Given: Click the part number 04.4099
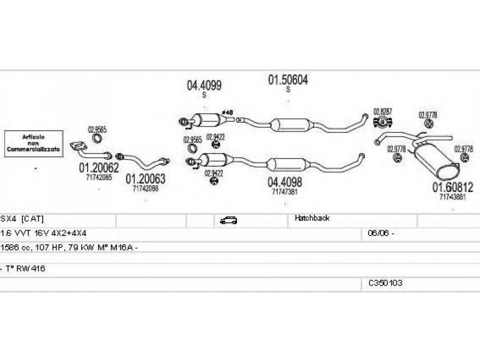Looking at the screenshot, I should [x=204, y=86].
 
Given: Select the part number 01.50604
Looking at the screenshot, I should [x=287, y=79].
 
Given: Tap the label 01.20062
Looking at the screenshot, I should [x=99, y=168].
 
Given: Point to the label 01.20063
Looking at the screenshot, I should [x=145, y=179].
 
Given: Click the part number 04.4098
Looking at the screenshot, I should [x=284, y=182].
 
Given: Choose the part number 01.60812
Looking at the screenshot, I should [x=453, y=187].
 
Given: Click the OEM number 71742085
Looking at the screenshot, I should [x=98, y=177].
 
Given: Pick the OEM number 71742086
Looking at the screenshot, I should [x=145, y=188].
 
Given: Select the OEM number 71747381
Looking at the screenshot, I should [x=284, y=191].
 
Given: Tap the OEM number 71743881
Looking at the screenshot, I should [x=453, y=196].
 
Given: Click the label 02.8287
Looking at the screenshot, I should [x=382, y=112].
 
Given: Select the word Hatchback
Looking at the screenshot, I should [x=312, y=218].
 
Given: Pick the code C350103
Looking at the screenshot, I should [x=386, y=283].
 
